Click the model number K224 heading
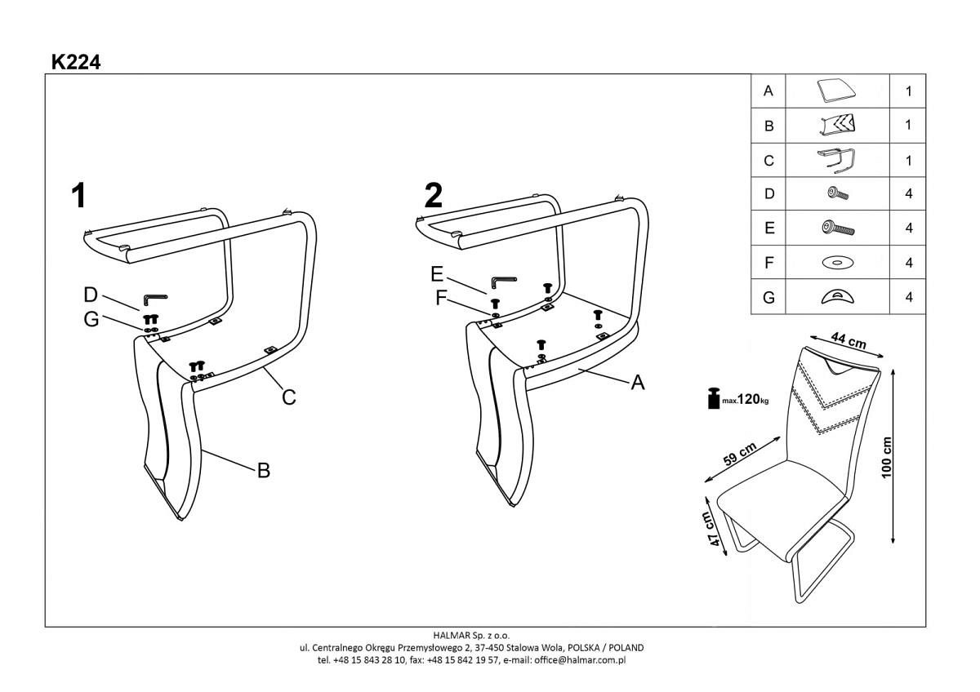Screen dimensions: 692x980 coord(76,61)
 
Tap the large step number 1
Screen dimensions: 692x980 coord(78,197)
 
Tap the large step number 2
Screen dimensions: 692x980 coord(434,196)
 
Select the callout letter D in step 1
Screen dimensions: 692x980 coord(91,294)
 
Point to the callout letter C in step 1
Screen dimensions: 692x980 coord(288,397)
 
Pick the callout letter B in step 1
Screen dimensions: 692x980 coord(264,470)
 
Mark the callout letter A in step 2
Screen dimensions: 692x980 coord(638,382)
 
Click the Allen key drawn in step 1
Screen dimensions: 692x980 coord(155,299)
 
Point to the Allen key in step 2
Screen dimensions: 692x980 coord(502,282)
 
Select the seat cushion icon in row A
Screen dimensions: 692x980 coord(836,91)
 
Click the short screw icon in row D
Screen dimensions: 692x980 coord(837,194)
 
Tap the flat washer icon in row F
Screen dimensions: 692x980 coord(836,263)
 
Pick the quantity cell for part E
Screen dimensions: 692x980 coord(908,228)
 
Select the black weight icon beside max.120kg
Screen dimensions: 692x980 coord(714,398)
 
